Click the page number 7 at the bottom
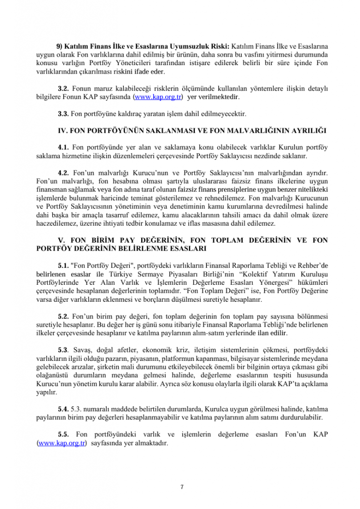coord(182,487)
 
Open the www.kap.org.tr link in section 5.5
coord(62,442)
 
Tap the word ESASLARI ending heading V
coord(186,248)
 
